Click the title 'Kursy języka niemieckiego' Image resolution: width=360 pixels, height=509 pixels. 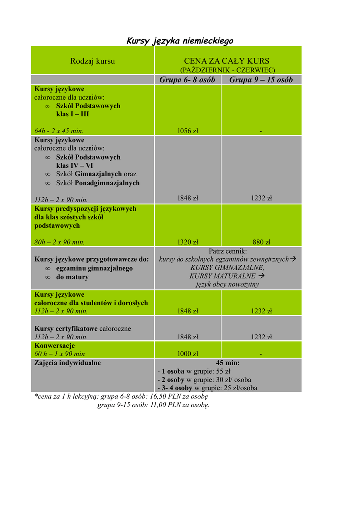pyautogui.click(x=180, y=41)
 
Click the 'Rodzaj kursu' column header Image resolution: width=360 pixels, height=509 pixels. pyautogui.click(x=92, y=61)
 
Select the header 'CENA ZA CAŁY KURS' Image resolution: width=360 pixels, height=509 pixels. pyautogui.click(x=227, y=61)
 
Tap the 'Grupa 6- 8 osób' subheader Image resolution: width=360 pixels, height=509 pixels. pyautogui.click(x=187, y=80)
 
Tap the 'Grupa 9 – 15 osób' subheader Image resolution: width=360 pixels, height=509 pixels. pyautogui.click(x=261, y=80)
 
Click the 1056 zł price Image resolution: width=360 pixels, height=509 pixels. pyautogui.click(x=187, y=131)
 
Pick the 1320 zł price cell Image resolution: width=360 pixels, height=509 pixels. pyautogui.click(x=187, y=242)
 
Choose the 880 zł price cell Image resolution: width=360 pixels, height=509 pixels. pyautogui.click(x=261, y=242)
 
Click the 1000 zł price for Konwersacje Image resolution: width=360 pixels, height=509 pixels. pyautogui.click(x=187, y=354)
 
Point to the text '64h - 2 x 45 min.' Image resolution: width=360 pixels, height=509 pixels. pyautogui.click(x=59, y=131)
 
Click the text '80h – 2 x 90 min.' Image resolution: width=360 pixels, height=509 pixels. pyautogui.click(x=60, y=242)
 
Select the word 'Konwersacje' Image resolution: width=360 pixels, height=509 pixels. pyautogui.click(x=55, y=345)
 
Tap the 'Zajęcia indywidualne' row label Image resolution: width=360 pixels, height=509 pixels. pyautogui.click(x=68, y=363)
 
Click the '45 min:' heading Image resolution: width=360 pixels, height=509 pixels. pyautogui.click(x=227, y=363)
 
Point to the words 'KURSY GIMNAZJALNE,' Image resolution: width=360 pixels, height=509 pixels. pyautogui.click(x=227, y=267)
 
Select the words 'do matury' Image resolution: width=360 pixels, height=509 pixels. pyautogui.click(x=72, y=277)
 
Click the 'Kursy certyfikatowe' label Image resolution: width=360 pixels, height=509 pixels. pyautogui.click(x=66, y=329)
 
